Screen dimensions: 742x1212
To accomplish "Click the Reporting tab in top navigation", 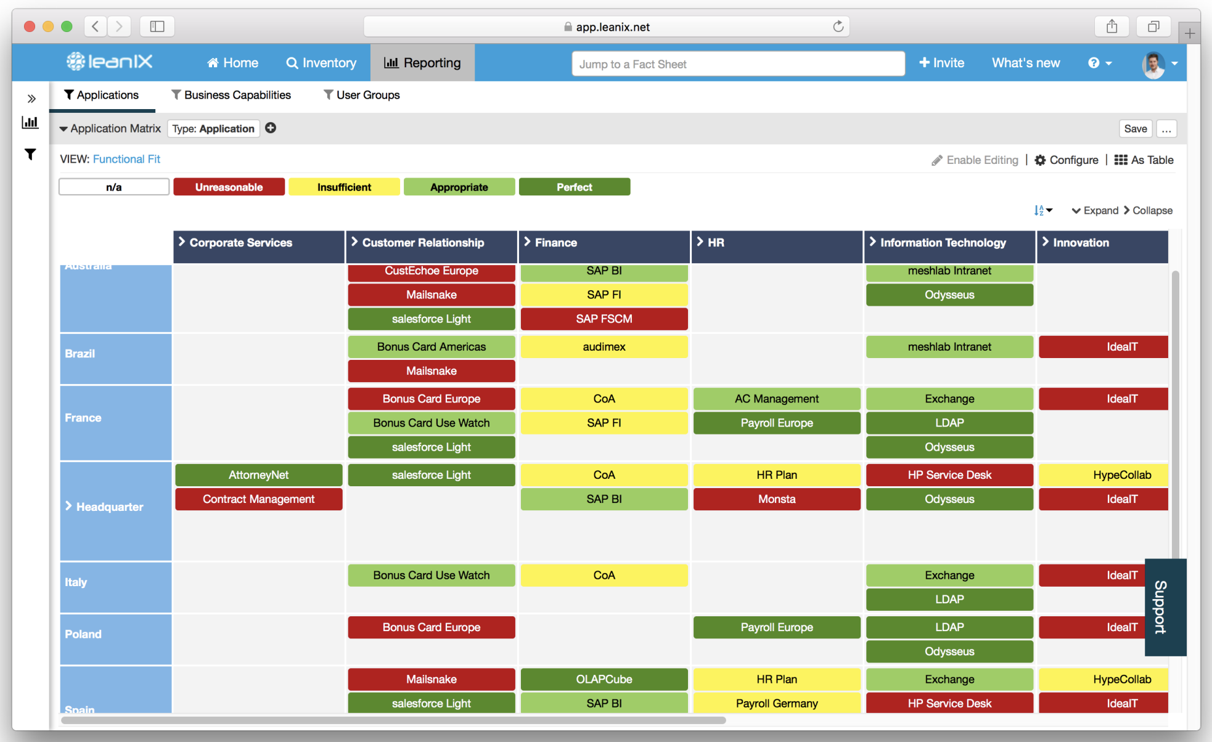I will pyautogui.click(x=422, y=63).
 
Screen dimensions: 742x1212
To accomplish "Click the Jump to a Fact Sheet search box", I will pyautogui.click(x=737, y=64).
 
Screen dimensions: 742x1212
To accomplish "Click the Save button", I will pyautogui.click(x=1135, y=129).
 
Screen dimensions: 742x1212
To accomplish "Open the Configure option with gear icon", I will pyautogui.click(x=1067, y=160).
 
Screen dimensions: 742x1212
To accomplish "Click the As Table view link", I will pyautogui.click(x=1144, y=160).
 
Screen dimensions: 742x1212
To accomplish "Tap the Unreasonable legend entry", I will pyautogui.click(x=229, y=187).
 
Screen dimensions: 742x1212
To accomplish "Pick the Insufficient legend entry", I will pyautogui.click(x=344, y=187).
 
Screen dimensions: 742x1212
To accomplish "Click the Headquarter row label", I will pyautogui.click(x=109, y=507).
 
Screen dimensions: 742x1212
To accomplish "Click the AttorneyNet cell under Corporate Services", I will pyautogui.click(x=258, y=475).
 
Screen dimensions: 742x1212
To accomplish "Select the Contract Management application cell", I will pyautogui.click(x=258, y=499).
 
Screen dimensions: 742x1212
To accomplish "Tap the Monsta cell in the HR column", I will pyautogui.click(x=776, y=499).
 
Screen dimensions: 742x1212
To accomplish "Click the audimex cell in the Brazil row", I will pyautogui.click(x=604, y=347).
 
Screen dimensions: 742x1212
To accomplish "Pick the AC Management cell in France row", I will pyautogui.click(x=776, y=399).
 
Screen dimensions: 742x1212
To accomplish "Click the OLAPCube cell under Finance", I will pyautogui.click(x=604, y=679).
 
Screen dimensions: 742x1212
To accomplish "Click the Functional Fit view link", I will pyautogui.click(x=126, y=159).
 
